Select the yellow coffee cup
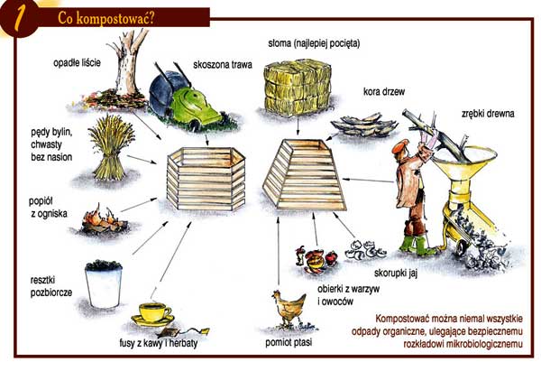[154, 312]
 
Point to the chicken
[289, 308]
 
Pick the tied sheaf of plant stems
[110, 148]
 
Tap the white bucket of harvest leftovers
[104, 284]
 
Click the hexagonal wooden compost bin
[206, 179]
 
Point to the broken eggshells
[366, 249]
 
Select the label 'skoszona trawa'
[223, 65]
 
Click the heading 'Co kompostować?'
[105, 18]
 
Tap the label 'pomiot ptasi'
[289, 342]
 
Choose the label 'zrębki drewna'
[488, 114]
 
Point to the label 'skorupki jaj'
[396, 274]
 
